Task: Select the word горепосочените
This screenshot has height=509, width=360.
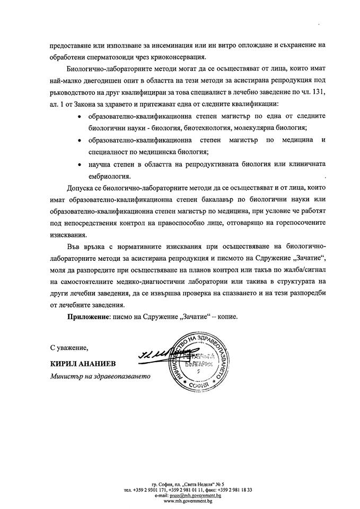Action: point(292,223)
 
